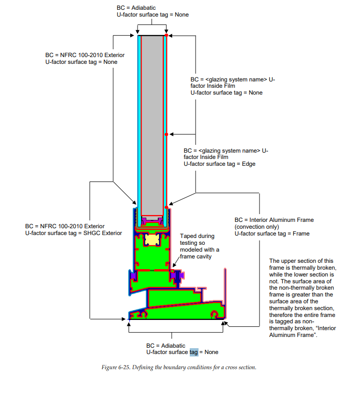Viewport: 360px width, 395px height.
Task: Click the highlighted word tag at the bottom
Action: [194, 352]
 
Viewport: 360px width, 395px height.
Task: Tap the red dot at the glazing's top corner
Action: [166, 36]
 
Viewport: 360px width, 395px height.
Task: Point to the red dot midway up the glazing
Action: [166, 134]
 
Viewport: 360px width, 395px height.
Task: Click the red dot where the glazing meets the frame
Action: [166, 204]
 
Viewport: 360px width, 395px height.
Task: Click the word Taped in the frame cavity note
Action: [189, 236]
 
